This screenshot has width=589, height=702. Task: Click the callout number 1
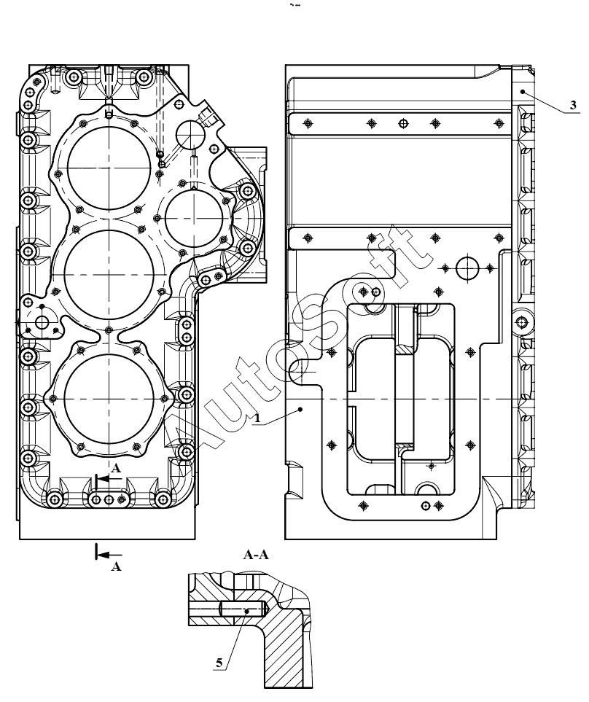point(257,418)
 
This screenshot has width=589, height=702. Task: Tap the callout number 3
point(573,105)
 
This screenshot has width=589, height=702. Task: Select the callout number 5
point(219,663)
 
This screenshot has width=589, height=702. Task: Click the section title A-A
point(256,555)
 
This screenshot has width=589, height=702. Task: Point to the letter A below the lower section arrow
point(116,566)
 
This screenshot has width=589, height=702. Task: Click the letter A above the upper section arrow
point(116,468)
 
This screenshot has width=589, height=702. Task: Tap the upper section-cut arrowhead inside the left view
point(103,479)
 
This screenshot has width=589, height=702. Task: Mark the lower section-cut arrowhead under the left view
point(103,555)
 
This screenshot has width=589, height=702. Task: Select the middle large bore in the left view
point(109,274)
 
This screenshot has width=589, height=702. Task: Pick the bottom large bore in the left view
point(109,398)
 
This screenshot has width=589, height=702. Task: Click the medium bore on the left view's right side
point(194,218)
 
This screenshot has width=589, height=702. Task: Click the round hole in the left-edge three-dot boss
point(43,321)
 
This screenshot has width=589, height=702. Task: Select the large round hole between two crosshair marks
point(467,268)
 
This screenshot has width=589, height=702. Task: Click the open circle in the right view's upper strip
point(403,123)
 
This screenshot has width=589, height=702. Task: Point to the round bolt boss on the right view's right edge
point(521,322)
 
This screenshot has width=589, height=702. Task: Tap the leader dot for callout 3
point(523,91)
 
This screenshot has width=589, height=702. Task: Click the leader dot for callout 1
point(301,409)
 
